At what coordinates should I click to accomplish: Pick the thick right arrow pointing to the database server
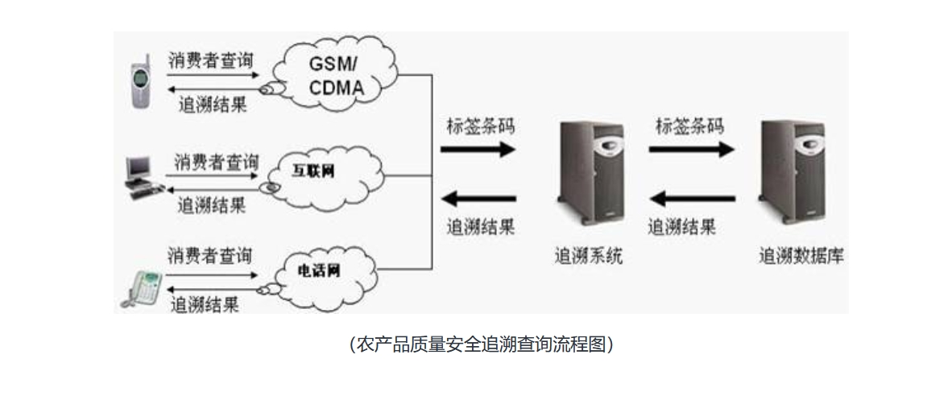(692, 149)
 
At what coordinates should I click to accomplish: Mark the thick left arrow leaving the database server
(692, 198)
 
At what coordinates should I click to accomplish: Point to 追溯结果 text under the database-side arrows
(682, 226)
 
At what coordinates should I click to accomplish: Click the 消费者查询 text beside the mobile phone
(211, 60)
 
